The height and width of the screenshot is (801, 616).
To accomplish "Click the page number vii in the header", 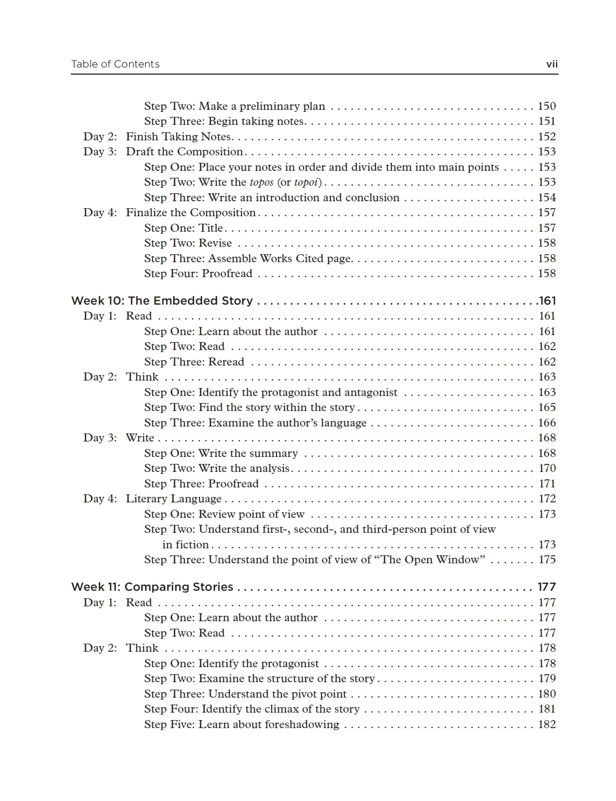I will tap(552, 64).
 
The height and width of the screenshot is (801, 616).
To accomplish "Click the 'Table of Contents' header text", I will tap(115, 64).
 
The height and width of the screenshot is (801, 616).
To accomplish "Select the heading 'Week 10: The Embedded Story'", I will tap(162, 301).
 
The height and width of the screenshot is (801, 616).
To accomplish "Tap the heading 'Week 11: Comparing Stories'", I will tap(152, 587).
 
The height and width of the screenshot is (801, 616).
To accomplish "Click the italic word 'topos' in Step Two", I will tap(261, 182).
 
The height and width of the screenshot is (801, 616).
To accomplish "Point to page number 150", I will tap(547, 106).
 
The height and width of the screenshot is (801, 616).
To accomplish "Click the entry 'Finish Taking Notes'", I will tap(178, 136).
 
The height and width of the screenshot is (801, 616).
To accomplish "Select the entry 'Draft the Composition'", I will tap(184, 152).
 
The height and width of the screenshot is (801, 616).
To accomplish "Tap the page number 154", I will tap(547, 197).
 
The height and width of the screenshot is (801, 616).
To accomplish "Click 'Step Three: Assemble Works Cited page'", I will tap(248, 258).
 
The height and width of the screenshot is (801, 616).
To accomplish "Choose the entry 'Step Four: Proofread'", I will tap(198, 274).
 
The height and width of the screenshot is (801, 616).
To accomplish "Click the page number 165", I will tap(547, 407).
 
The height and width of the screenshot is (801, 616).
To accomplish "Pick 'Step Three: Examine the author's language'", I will tap(255, 423).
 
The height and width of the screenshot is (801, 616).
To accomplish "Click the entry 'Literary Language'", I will tap(173, 499).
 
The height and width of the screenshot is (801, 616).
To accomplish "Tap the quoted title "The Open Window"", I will tap(433, 560).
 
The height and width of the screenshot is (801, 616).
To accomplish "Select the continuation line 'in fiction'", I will tap(185, 545).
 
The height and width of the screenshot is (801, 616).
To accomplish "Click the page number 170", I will tap(547, 468).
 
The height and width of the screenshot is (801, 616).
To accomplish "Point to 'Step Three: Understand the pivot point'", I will tap(245, 694).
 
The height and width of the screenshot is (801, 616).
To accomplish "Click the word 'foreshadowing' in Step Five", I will tap(302, 725).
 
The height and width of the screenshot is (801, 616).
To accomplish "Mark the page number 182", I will tap(547, 725).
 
